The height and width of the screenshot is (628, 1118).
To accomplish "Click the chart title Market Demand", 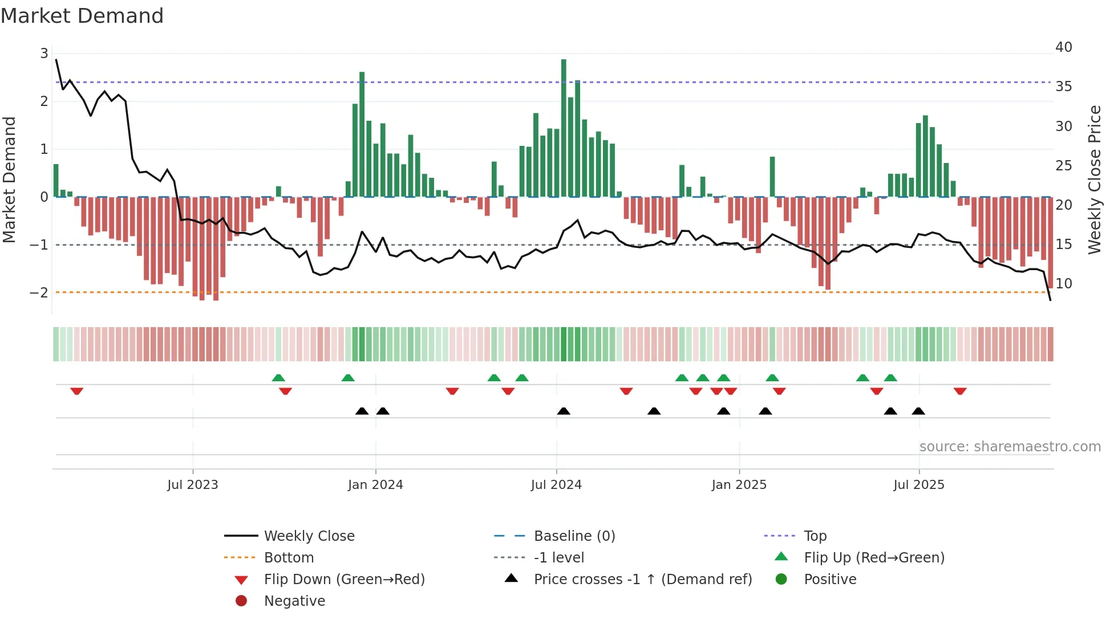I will (82, 16).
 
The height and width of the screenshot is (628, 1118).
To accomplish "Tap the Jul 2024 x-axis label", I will (556, 485).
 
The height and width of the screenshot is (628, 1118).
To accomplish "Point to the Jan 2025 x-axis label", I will (739, 485).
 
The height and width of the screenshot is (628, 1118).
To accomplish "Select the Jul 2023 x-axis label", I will (193, 485).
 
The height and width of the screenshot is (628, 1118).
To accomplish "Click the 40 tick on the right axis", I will (1063, 47).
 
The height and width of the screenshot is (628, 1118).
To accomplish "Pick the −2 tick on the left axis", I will (39, 293).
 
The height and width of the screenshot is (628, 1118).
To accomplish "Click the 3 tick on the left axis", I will (44, 54).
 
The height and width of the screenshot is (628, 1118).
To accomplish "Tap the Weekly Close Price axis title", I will (1094, 180).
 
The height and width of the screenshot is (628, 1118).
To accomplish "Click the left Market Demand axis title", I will (10, 180).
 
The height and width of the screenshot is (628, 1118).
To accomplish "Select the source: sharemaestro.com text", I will (1010, 447).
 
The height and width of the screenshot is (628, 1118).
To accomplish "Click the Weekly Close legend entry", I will (309, 536).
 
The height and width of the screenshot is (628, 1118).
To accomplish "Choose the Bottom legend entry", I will (289, 558).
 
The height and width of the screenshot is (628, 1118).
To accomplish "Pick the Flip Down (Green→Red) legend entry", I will (344, 580).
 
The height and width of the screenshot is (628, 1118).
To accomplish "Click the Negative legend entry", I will (294, 601).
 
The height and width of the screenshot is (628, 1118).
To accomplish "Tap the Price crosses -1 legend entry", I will (642, 580).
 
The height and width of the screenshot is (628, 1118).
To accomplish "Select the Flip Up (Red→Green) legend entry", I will (874, 558).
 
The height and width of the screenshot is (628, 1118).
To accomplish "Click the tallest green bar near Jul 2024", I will (564, 128).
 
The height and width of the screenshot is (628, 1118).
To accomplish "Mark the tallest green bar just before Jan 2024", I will (362, 134).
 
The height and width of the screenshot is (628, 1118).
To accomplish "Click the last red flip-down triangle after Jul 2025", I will (960, 391).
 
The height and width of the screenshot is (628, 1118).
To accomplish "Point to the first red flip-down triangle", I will (76, 391).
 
